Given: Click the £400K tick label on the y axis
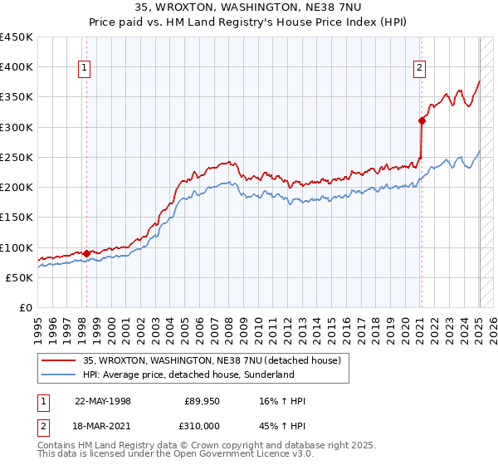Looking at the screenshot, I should (17, 67).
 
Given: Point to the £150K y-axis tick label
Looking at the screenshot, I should (17, 218).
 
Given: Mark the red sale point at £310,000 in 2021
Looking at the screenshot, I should (422, 121).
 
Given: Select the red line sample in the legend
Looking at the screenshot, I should (59, 360).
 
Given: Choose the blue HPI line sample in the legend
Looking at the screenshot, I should (59, 374).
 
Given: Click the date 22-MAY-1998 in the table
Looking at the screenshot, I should (102, 401).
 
